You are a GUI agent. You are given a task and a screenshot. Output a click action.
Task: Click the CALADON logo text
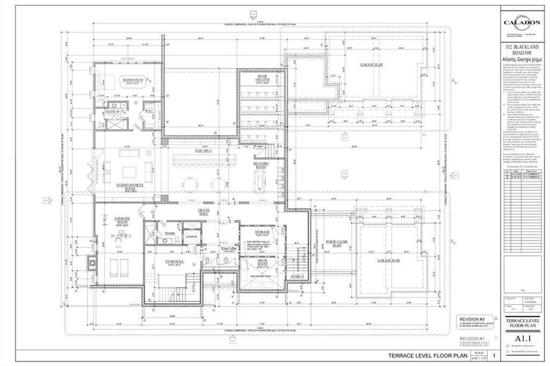click(523, 23)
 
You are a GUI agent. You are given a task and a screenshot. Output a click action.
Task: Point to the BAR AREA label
click(203, 149)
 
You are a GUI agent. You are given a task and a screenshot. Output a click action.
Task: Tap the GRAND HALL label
click(203, 211)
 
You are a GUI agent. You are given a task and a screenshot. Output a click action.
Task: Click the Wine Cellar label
click(228, 249)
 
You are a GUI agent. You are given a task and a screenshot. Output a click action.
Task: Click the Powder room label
click(170, 233)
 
